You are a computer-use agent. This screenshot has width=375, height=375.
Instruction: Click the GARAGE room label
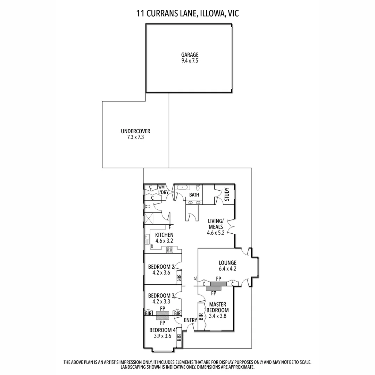click(190, 55)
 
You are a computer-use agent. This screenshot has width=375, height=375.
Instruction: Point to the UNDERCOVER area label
click(135, 131)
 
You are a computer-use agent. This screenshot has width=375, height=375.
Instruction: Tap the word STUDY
click(227, 194)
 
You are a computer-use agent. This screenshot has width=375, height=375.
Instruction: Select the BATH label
click(194, 195)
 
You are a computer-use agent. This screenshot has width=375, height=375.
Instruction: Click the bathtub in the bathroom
click(182, 187)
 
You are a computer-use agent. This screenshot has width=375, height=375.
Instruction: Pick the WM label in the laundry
click(161, 187)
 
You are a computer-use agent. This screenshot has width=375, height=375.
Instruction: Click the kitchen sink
click(147, 239)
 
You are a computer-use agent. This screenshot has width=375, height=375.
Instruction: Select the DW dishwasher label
click(152, 246)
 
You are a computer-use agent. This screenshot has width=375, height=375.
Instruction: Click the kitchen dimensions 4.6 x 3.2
click(164, 240)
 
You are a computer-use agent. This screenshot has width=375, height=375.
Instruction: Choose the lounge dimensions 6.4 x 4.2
click(227, 268)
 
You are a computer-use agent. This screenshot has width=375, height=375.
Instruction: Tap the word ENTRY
click(190, 320)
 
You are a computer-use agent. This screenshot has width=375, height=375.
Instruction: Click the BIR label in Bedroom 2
click(179, 278)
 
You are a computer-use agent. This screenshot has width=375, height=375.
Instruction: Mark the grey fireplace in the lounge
click(218, 284)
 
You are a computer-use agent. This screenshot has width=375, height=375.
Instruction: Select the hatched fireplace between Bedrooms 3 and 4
click(162, 315)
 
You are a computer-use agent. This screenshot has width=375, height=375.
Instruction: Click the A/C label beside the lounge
click(195, 278)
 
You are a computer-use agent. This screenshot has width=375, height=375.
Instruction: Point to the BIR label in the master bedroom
click(201, 317)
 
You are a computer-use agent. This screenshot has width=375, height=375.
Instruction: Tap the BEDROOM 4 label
click(162, 330)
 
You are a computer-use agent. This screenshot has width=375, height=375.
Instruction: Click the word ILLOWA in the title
click(211, 14)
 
